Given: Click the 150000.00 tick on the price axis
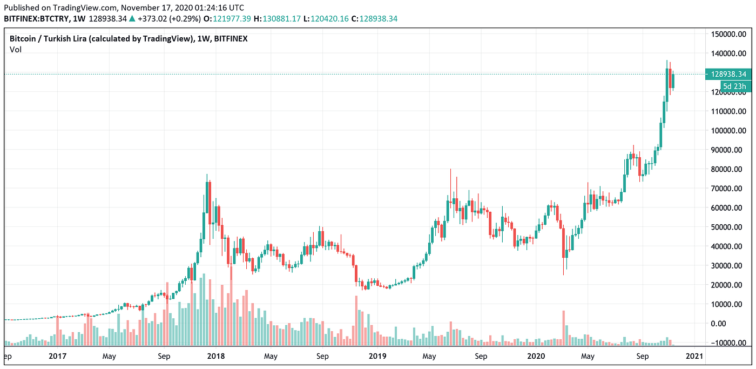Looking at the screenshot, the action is [728, 34].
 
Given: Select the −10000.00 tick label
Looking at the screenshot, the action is [728, 343].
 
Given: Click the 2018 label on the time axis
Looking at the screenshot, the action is [216, 356].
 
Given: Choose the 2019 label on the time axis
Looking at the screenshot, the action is [377, 356].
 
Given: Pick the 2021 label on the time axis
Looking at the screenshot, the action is [694, 356].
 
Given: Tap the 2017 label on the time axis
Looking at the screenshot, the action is [57, 356].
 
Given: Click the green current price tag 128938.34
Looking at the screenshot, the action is [728, 74].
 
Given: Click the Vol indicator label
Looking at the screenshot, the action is [16, 50].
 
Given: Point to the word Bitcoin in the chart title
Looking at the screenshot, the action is [23, 39].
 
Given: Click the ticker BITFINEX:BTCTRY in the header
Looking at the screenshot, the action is [37, 19].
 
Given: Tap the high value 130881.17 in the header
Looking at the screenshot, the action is [281, 19].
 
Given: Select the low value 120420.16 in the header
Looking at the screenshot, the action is [329, 19].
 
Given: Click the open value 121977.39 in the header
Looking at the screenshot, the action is [232, 19].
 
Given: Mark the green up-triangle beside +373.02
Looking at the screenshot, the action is [132, 19].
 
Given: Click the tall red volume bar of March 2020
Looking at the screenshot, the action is [563, 328].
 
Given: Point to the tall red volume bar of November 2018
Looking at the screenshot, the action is [356, 320].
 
